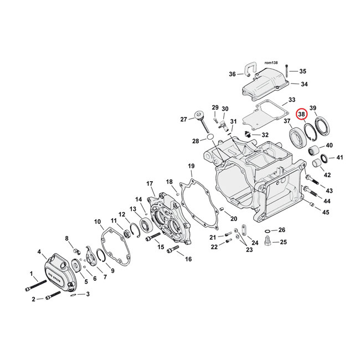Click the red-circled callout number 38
click(x=301, y=114)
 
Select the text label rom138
click(x=271, y=64)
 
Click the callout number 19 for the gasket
click(x=191, y=166)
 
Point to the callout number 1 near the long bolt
click(x=32, y=272)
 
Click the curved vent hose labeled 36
click(x=249, y=70)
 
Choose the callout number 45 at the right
click(x=326, y=212)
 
